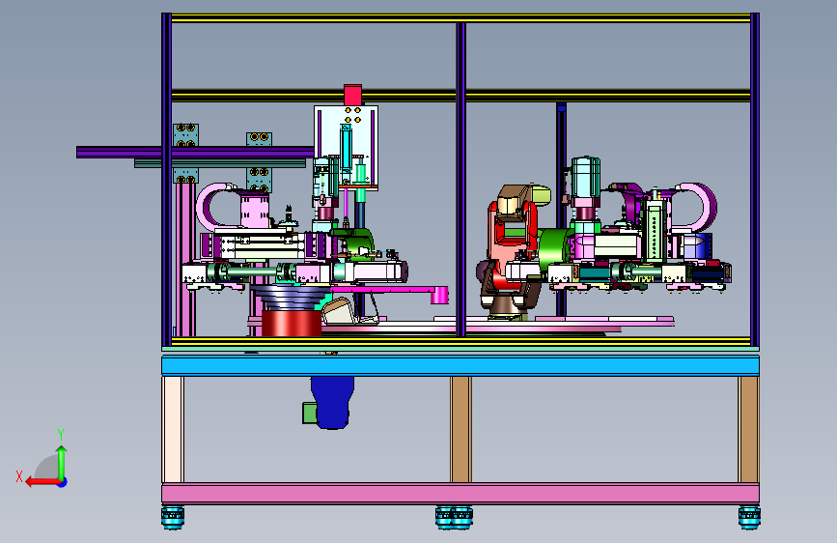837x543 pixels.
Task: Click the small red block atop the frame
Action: tap(352, 95)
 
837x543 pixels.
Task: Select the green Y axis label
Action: tap(61, 434)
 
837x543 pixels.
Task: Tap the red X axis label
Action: tap(19, 476)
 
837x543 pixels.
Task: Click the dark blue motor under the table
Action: tap(332, 402)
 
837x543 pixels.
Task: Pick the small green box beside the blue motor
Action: tap(310, 414)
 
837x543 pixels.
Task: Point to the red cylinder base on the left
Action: tap(292, 324)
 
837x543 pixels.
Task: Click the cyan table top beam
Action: tap(460, 365)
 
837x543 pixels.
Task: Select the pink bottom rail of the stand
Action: tap(460, 494)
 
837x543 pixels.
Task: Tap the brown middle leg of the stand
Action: tap(460, 429)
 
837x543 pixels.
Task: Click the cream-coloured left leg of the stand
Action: tap(173, 429)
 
